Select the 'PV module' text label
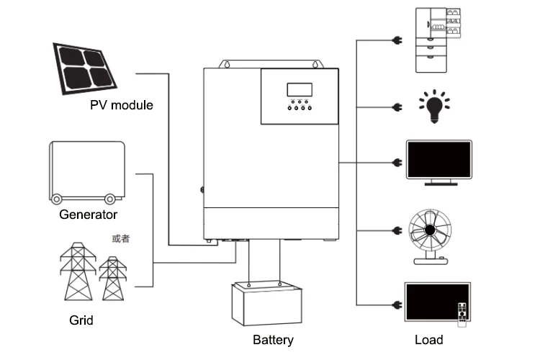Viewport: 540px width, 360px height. click(x=122, y=105)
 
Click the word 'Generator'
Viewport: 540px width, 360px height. click(x=88, y=215)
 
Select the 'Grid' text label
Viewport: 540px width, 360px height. click(x=81, y=320)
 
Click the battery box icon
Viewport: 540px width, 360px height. click(x=266, y=302)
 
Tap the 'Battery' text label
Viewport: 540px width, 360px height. click(x=273, y=340)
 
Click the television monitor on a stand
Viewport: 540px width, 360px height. click(x=438, y=161)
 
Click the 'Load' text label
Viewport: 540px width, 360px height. click(x=429, y=340)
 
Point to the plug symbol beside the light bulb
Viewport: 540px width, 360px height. click(x=395, y=108)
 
